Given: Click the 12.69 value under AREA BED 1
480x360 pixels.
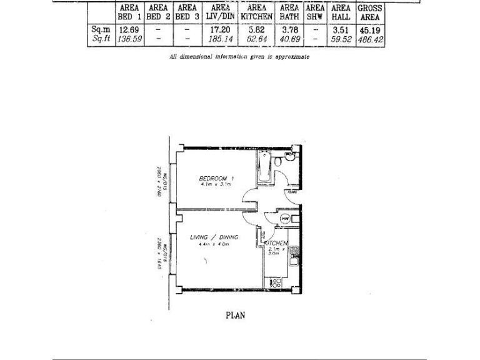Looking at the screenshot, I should [x=128, y=29].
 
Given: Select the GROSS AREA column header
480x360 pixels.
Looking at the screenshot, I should [x=370, y=12].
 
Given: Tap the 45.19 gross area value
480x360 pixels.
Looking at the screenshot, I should [x=370, y=29].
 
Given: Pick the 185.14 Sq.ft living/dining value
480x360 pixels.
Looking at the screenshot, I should [x=221, y=39].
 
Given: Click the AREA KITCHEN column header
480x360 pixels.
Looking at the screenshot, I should [x=257, y=12].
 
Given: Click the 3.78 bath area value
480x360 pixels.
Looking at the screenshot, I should [x=289, y=29].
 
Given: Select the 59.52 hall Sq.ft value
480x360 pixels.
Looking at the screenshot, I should [x=341, y=39].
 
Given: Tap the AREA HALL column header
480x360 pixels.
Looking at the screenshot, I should [x=341, y=12].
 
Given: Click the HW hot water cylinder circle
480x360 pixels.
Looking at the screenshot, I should [x=284, y=218].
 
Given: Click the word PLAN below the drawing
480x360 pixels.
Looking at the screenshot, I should [x=235, y=315].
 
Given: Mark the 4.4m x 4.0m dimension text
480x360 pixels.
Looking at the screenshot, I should [x=210, y=244].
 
